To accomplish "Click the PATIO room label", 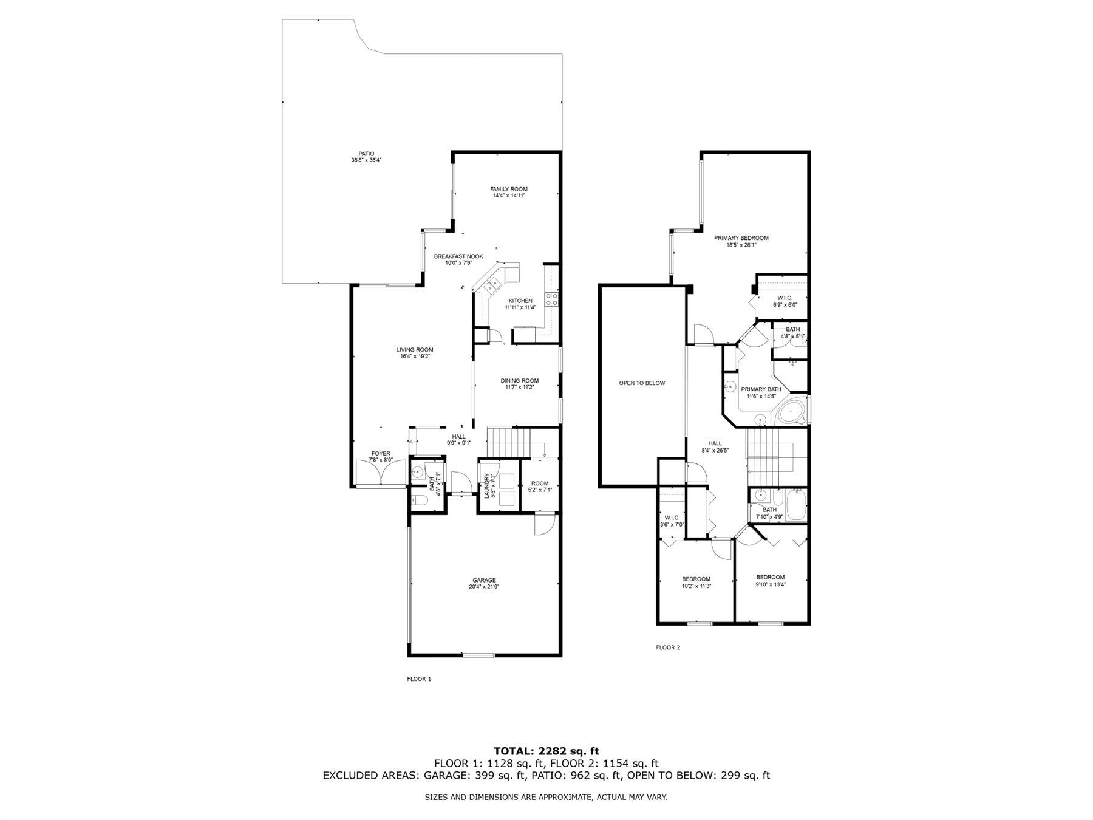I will (x=366, y=154).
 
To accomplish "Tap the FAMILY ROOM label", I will (x=509, y=189).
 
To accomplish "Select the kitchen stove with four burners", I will (x=552, y=299).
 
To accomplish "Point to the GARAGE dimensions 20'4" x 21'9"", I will (x=484, y=587).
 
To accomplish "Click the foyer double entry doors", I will (x=381, y=473).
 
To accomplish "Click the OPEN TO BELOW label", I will (x=642, y=383).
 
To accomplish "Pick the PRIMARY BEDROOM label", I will (x=741, y=238).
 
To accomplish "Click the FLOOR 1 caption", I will (x=419, y=679).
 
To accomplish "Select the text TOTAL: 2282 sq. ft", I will (x=546, y=751).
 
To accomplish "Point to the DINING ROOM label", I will (x=519, y=381).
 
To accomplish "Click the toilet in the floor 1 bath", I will (x=421, y=501).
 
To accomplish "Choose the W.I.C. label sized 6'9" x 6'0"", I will (x=785, y=298).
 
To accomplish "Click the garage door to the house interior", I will (x=543, y=524).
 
